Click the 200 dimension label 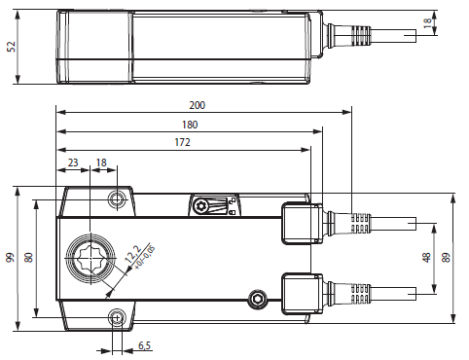click(x=198, y=105)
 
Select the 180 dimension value click(x=190, y=125)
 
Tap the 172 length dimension click(x=182, y=142)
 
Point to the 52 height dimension click(x=12, y=47)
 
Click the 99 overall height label click(x=11, y=258)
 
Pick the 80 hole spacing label click(x=29, y=258)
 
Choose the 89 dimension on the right click(x=447, y=258)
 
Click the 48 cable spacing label click(x=426, y=258)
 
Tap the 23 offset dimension click(x=73, y=162)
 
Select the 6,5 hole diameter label click(x=145, y=345)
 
